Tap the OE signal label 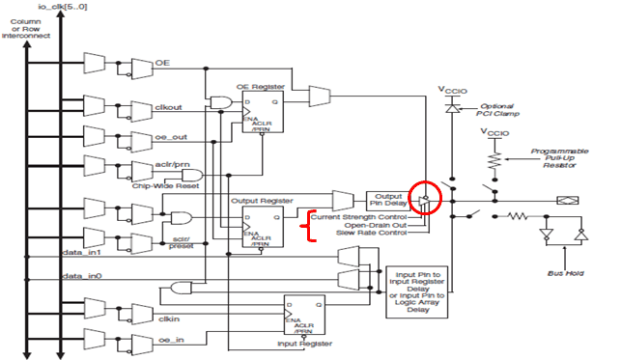[162, 63]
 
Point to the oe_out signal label [169, 136]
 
